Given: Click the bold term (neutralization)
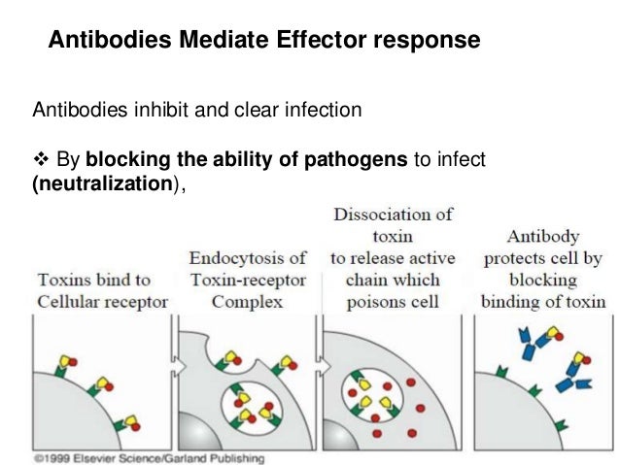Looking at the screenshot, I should pyautogui.click(x=95, y=183).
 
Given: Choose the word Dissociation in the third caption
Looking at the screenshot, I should pyautogui.click(x=389, y=215).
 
